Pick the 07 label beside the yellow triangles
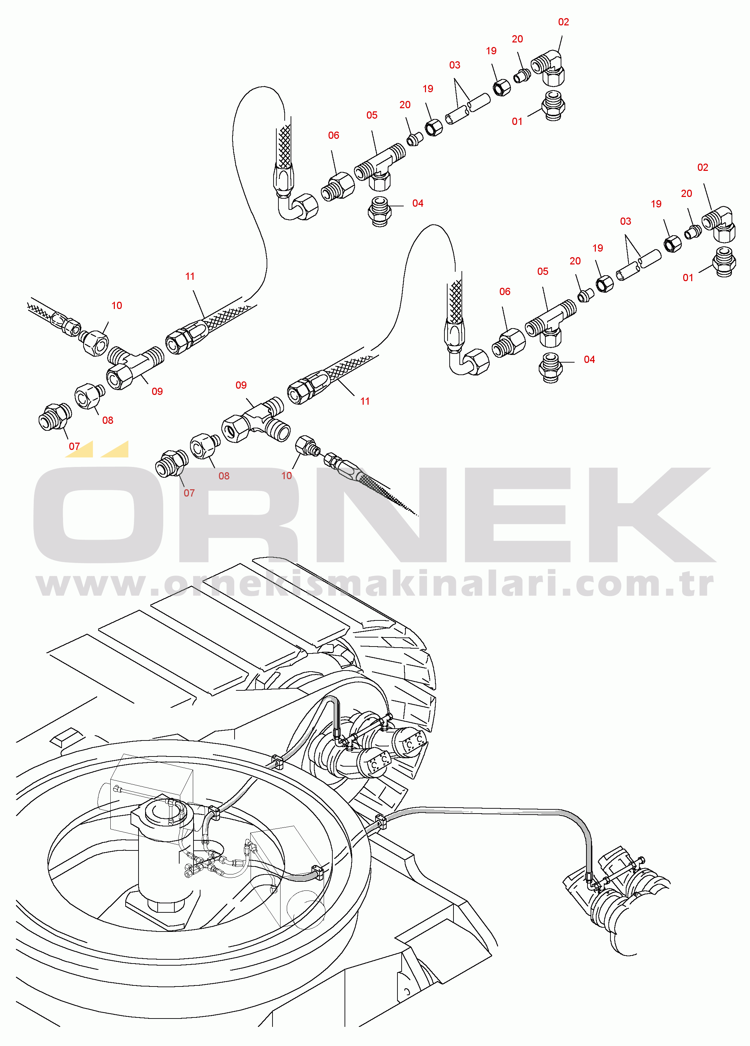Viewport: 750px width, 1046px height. (74, 446)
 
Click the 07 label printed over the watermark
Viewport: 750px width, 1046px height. (189, 493)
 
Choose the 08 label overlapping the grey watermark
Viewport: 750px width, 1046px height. (224, 476)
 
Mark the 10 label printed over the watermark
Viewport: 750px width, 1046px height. (286, 475)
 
